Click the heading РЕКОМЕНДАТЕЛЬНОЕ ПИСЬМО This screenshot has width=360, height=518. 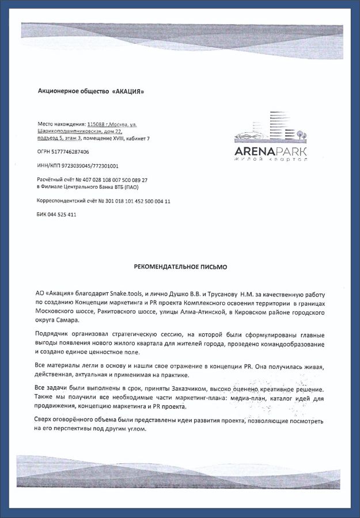(x=180, y=267)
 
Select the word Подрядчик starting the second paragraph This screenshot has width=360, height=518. (x=54, y=335)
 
